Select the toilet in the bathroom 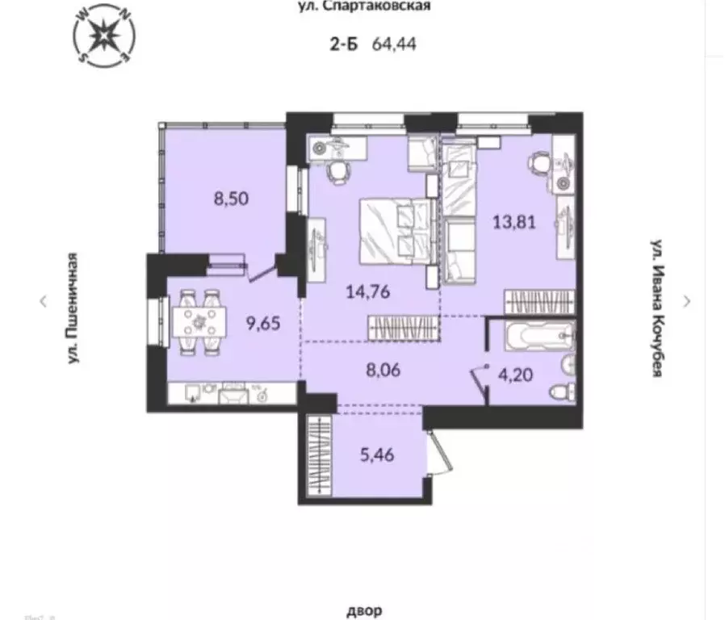tap(560, 393)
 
